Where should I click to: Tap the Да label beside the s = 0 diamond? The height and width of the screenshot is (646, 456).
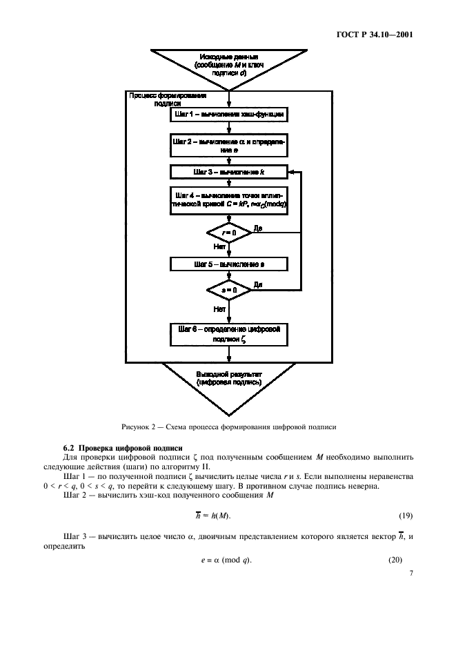258,284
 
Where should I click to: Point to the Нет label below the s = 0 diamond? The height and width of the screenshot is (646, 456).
219,310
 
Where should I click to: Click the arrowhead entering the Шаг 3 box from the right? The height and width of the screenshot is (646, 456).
292,170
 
